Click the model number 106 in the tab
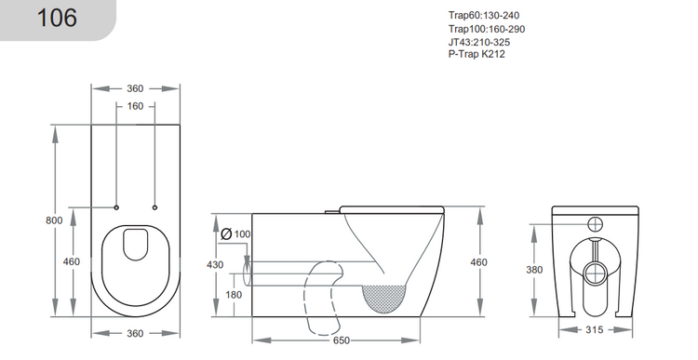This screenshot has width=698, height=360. click(x=57, y=19)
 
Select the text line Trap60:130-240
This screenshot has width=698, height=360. click(x=485, y=15)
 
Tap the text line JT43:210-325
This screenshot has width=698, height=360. click(x=478, y=42)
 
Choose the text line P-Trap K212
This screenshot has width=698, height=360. click(x=477, y=54)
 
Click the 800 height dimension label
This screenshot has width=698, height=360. click(x=54, y=220)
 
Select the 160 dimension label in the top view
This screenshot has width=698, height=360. click(x=135, y=106)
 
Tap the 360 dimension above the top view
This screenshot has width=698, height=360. click(x=135, y=88)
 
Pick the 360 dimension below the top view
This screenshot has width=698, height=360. click(x=135, y=334)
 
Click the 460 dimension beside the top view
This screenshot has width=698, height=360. click(x=72, y=262)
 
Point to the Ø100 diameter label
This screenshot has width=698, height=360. click(x=236, y=233)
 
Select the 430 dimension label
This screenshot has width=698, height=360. click(x=214, y=265)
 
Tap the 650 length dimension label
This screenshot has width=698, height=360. click(x=342, y=340)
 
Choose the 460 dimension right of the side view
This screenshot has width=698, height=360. click(x=478, y=262)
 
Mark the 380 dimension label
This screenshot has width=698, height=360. click(x=533, y=270)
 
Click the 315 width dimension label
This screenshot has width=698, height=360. click(x=597, y=330)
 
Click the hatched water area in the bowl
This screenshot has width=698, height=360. click(x=383, y=296)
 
